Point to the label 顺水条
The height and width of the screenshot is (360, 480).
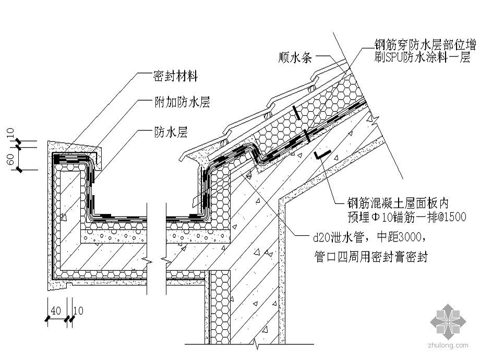[x=295, y=57]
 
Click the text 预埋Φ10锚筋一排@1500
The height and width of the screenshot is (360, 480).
[x=406, y=217]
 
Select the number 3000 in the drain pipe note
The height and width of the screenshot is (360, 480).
[x=402, y=239]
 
